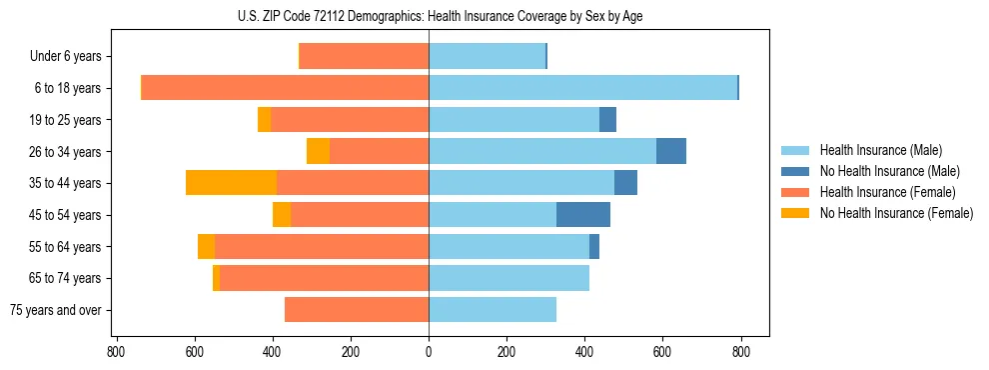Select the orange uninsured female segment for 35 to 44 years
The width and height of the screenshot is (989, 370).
click(x=231, y=183)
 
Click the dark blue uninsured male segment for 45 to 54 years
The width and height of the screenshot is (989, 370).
click(x=583, y=215)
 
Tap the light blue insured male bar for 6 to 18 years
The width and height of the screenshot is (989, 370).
click(x=582, y=88)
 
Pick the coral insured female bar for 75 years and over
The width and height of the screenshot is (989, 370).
click(x=357, y=310)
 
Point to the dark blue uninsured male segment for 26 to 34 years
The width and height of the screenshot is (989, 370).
click(x=671, y=151)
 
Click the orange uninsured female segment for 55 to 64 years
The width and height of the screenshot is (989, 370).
click(x=206, y=247)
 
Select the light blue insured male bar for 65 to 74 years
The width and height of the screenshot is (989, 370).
click(x=508, y=278)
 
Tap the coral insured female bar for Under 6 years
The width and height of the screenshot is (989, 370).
click(x=364, y=56)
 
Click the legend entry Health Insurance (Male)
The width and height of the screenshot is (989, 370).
click(x=880, y=150)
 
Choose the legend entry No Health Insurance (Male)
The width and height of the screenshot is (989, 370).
click(x=889, y=171)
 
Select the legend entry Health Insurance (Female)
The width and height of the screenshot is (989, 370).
click(x=887, y=192)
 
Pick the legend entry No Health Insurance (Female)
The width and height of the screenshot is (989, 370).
click(x=896, y=213)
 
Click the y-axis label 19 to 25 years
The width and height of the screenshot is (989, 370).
click(x=65, y=120)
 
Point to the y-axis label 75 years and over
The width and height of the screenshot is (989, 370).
click(x=56, y=310)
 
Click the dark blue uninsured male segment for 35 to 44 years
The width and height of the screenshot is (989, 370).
click(x=625, y=183)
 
